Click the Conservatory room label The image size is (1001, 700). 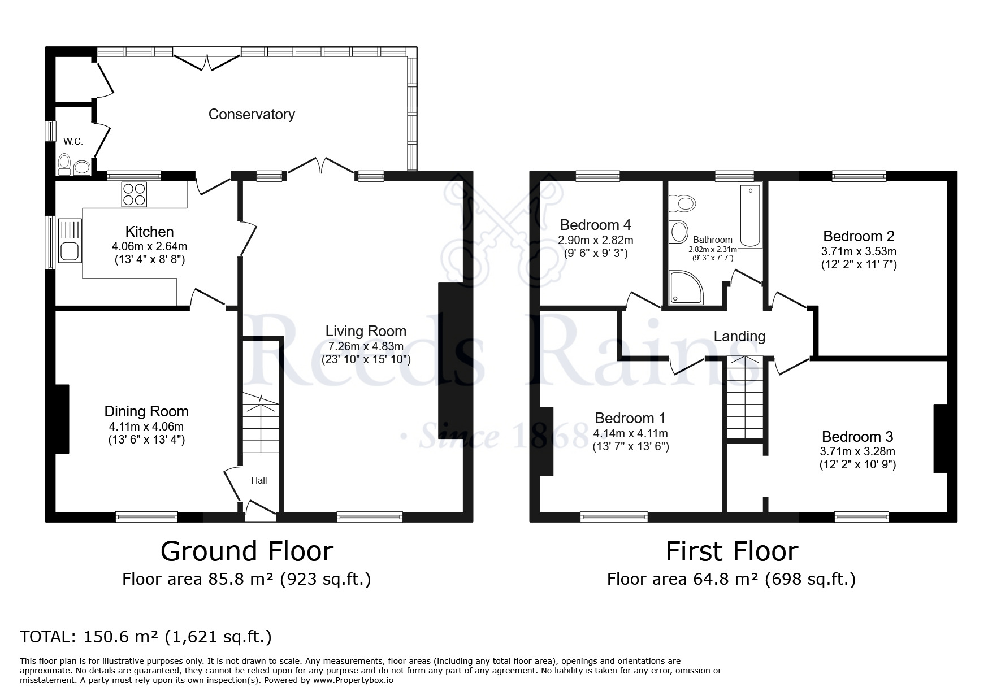tap(252, 114)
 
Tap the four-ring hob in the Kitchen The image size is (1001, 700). tap(133, 194)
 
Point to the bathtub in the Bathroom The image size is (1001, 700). tap(750, 215)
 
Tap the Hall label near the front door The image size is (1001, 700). tap(259, 480)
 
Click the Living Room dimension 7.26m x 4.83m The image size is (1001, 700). tap(366, 346)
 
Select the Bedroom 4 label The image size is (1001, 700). tap(595, 225)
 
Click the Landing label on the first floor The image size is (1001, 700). tap(739, 337)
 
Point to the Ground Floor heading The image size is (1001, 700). tap(247, 551)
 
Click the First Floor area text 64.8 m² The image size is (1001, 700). tap(731, 579)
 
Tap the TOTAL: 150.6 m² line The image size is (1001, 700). tap(146, 637)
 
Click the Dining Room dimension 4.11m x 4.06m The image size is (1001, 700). tap(146, 427)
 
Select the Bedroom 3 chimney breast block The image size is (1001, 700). tap(940, 438)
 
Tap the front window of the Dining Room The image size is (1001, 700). tap(146, 516)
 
